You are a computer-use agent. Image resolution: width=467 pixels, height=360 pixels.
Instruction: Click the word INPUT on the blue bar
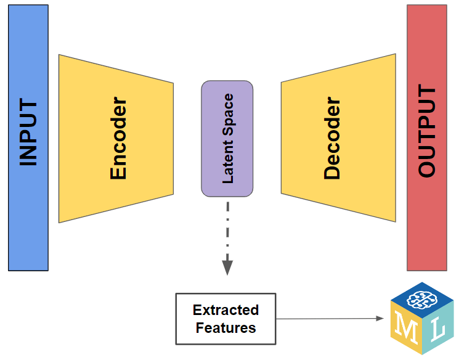coord(28,133)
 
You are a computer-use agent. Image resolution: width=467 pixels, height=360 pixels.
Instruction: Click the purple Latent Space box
coord(227,138)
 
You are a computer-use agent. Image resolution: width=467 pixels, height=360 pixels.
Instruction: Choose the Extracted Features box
coord(225,319)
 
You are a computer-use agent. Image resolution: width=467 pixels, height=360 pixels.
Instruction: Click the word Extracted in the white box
coord(225,310)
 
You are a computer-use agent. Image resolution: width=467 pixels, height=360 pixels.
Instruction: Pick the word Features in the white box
coord(225,327)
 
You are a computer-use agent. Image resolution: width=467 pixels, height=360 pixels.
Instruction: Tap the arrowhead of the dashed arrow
coord(227,266)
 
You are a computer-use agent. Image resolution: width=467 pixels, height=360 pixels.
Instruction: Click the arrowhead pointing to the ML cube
coord(380,319)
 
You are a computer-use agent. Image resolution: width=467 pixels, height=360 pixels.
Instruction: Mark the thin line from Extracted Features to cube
coord(327,319)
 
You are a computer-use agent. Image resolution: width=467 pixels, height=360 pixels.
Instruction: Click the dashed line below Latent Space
coord(227,228)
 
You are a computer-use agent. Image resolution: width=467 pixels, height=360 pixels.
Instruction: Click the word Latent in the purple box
coord(227,162)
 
